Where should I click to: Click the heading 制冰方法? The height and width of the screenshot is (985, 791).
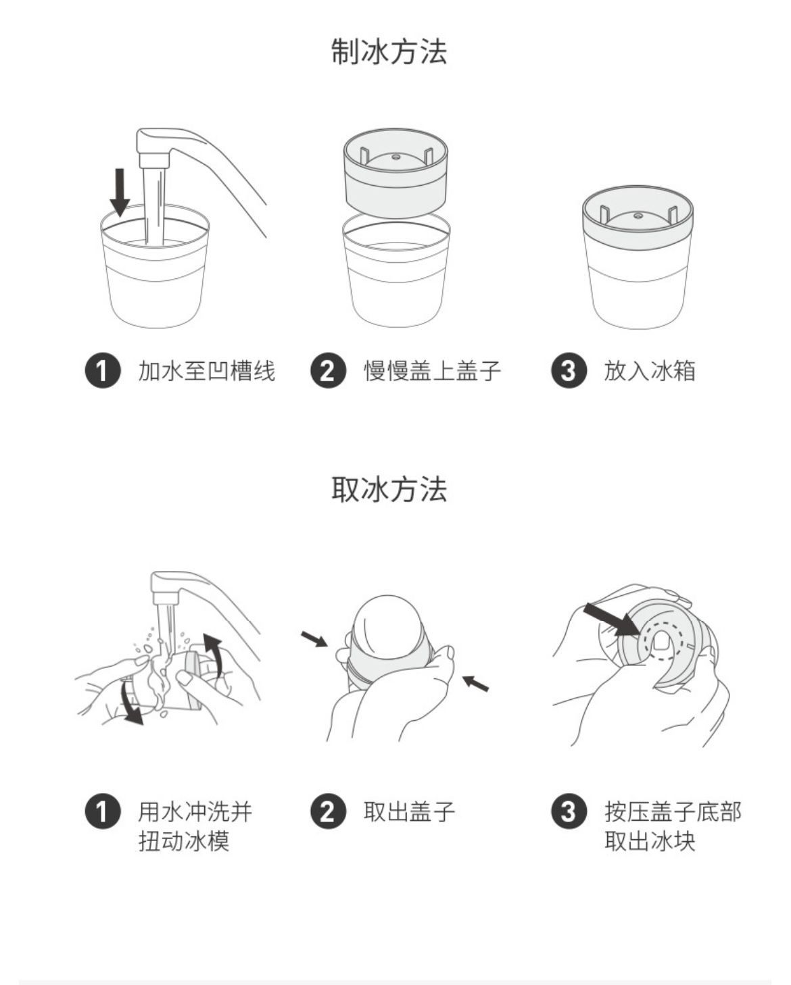click(389, 51)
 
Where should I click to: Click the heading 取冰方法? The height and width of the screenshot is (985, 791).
click(389, 489)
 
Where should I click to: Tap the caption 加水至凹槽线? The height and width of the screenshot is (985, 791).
click(207, 371)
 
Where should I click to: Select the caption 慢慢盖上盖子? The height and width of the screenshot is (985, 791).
click(433, 371)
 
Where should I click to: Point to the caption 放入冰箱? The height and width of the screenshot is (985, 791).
click(650, 371)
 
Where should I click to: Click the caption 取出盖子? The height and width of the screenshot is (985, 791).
click(410, 812)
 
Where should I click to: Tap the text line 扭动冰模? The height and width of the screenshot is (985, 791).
click(184, 841)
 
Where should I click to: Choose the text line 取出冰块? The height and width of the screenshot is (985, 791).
click(650, 841)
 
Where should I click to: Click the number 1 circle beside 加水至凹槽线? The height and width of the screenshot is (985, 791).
click(103, 371)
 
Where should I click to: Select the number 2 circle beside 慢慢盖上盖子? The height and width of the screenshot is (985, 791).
click(328, 371)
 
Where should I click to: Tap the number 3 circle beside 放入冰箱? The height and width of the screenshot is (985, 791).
click(569, 371)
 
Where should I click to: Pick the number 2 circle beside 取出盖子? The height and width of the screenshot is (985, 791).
click(328, 812)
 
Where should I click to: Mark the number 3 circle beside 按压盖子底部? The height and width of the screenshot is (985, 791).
click(569, 812)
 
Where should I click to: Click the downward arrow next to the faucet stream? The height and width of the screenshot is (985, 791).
click(120, 193)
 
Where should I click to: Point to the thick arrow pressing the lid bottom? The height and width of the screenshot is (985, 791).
click(611, 620)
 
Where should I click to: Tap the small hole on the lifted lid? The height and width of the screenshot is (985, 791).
click(395, 157)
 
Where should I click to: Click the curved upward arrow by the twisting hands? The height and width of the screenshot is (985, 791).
click(214, 655)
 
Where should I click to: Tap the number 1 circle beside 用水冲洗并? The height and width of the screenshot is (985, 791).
click(103, 812)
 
